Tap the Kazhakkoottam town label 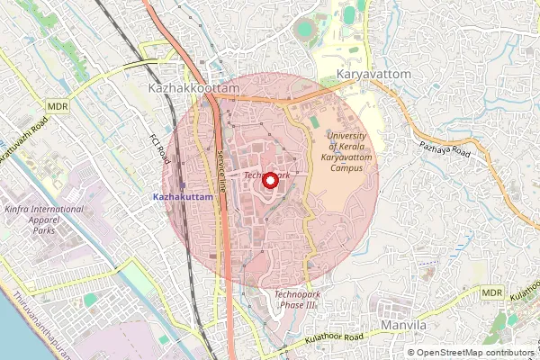pyautogui.click(x=193, y=90)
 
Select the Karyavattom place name pyautogui.click(x=373, y=72)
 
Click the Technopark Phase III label pyautogui.click(x=296, y=300)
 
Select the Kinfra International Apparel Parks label pyautogui.click(x=43, y=220)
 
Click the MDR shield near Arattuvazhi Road pyautogui.click(x=58, y=106)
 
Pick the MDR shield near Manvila pyautogui.click(x=491, y=293)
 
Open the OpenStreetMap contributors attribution pyautogui.click(x=473, y=353)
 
